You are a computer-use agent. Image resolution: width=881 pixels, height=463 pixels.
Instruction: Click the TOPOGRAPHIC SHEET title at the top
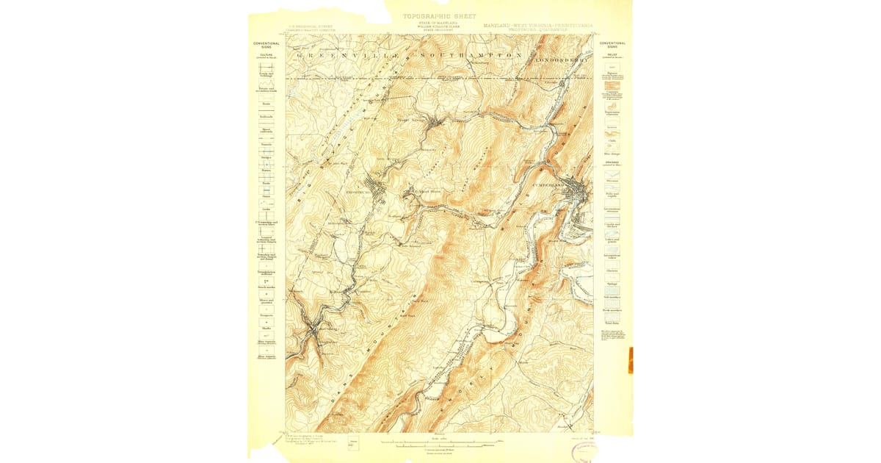pos(439,16)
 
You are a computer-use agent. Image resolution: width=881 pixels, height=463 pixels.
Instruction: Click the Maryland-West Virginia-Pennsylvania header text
pos(539,26)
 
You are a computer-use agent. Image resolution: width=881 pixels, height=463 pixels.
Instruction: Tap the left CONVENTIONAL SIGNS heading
pos(267,45)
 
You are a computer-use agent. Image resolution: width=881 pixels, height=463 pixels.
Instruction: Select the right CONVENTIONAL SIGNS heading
pos(612,45)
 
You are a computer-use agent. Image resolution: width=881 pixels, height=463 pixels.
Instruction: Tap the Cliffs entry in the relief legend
pos(612,140)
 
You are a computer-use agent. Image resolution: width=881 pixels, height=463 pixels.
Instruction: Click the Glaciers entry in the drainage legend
pos(612,270)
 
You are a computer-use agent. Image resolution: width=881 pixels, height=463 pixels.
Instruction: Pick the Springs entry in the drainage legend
pos(612,283)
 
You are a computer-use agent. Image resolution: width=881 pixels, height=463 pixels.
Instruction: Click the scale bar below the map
pos(439,444)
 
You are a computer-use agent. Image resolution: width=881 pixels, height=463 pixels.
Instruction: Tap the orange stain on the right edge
pos(630,360)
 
